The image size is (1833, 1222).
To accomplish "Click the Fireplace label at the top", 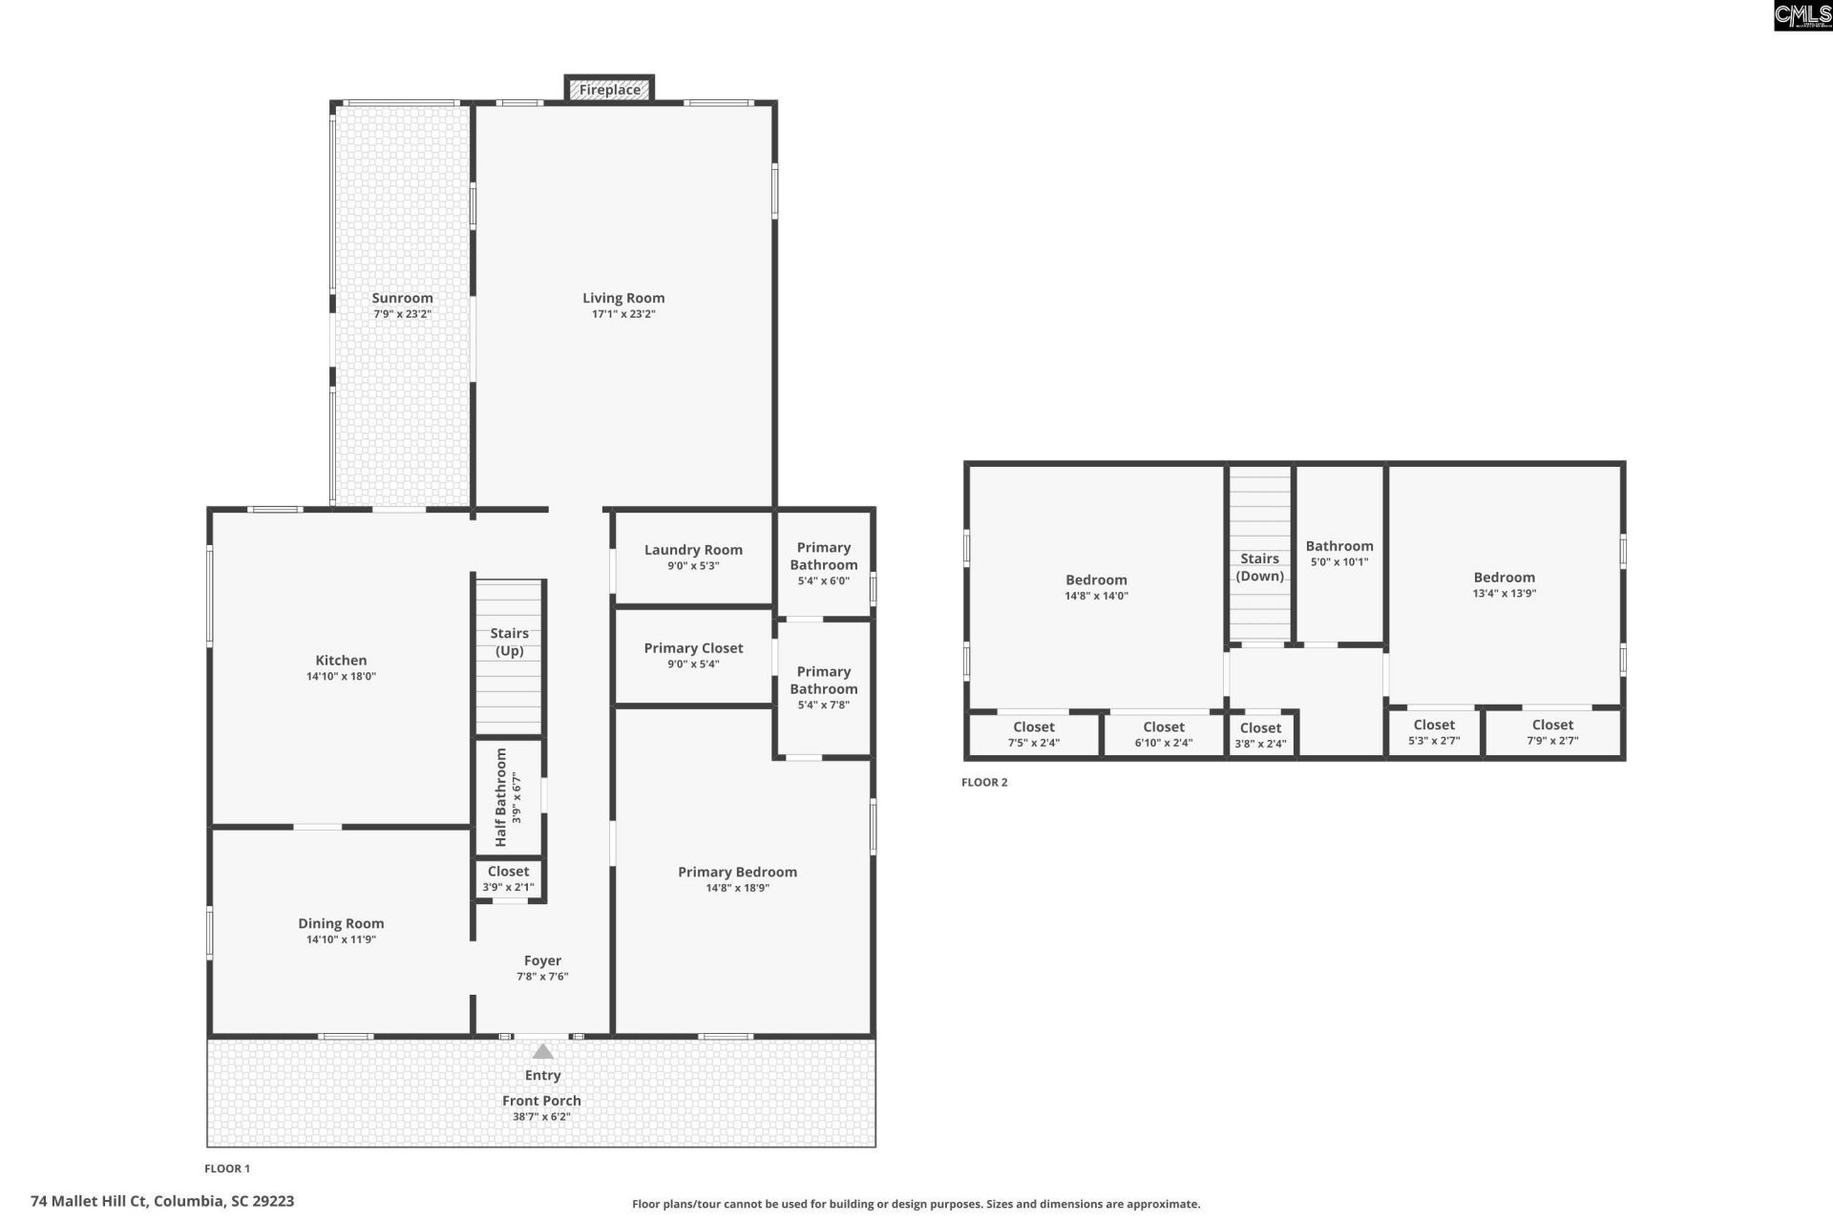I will (x=609, y=90).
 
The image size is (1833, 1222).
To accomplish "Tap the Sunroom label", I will (x=402, y=298).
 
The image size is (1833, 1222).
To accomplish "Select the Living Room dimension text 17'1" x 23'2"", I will (x=623, y=314).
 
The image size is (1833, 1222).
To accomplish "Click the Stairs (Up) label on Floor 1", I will (x=509, y=642).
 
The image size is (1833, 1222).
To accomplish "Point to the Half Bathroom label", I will (x=501, y=797).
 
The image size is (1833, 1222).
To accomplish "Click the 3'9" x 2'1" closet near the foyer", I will (x=508, y=878).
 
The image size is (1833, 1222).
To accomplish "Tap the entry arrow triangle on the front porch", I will (x=542, y=1051).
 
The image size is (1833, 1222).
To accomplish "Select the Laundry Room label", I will (x=693, y=550).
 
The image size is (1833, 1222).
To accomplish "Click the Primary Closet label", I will (x=693, y=648).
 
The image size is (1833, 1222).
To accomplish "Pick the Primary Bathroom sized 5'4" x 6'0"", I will (x=823, y=563).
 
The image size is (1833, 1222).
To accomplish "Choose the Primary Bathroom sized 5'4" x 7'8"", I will (x=823, y=687).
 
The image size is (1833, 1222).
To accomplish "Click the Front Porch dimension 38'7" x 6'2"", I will (x=541, y=1116).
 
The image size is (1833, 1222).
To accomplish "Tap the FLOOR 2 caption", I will (x=983, y=782).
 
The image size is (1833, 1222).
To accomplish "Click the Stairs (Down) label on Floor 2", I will (x=1259, y=567).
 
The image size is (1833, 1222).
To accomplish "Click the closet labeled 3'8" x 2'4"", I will (x=1260, y=735).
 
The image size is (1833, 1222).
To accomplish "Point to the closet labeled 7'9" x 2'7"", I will (x=1552, y=732).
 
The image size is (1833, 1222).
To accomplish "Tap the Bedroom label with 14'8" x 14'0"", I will (x=1096, y=580).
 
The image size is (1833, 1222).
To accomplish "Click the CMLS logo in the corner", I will (x=1801, y=15).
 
